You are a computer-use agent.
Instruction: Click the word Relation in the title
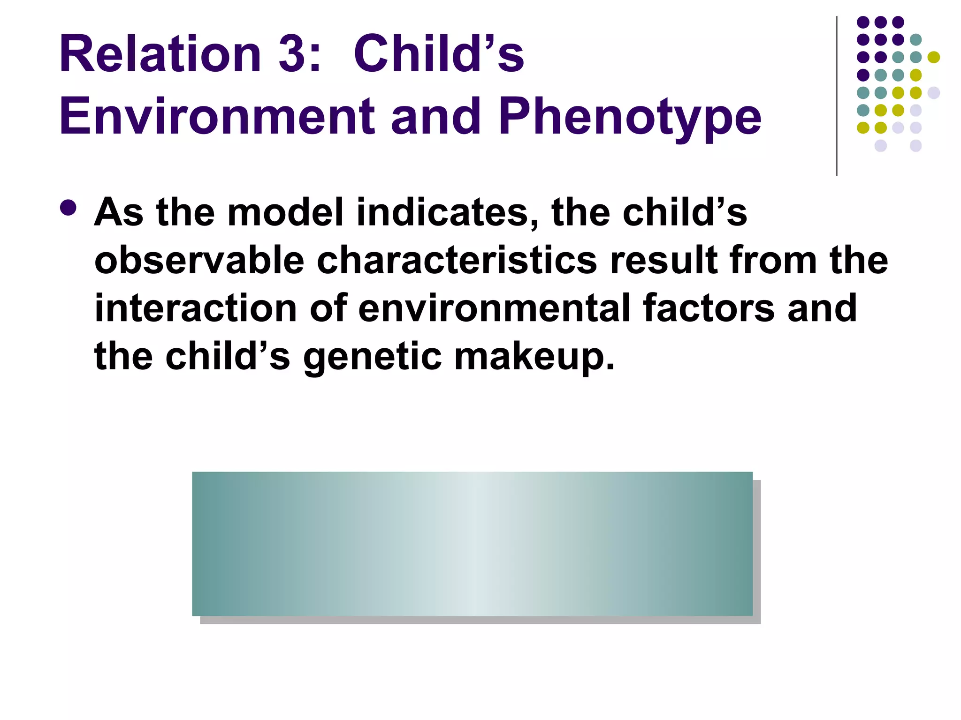point(160,54)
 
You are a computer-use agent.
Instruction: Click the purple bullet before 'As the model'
point(69,208)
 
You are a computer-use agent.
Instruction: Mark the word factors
point(709,308)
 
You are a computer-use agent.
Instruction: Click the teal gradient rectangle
point(472,543)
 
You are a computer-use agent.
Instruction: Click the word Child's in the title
point(439,54)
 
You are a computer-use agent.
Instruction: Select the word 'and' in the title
point(436,116)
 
